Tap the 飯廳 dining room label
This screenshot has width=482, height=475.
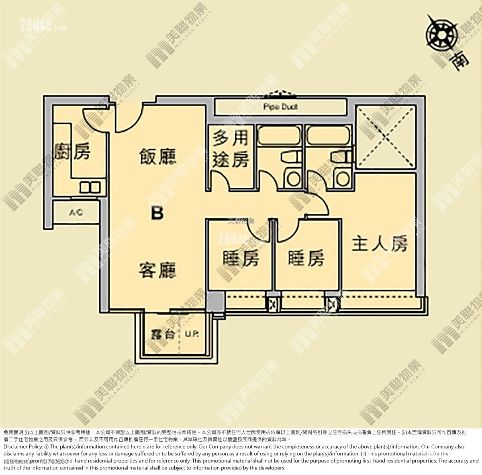158,156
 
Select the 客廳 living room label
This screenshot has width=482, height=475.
158,269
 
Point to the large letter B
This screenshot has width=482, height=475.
157,213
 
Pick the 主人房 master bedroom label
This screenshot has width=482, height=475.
380,244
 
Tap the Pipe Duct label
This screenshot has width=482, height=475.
281,107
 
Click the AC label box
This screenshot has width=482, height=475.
76,212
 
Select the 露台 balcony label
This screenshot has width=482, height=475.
163,334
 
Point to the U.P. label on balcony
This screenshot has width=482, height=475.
192,334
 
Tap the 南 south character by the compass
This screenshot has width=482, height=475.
460,60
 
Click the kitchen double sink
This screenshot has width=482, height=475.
90,187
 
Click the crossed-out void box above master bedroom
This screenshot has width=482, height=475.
386,137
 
